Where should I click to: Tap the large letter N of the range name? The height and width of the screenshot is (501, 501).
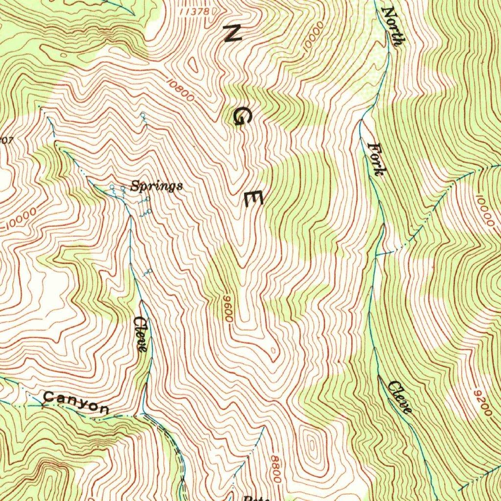point(232,34)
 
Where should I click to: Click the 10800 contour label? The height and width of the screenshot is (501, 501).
point(180,91)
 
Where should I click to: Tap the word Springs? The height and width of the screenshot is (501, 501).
point(157,186)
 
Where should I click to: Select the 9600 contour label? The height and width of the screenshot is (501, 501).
point(227,309)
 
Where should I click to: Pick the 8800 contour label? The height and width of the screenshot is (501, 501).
point(275,468)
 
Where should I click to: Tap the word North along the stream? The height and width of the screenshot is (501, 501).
point(392,26)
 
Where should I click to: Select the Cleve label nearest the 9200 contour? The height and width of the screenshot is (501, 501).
point(400,397)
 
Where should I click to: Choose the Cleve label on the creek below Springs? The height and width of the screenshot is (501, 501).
point(140,334)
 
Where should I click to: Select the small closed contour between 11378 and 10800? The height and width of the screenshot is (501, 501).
point(194,64)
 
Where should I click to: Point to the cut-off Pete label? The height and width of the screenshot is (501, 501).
point(254,498)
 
